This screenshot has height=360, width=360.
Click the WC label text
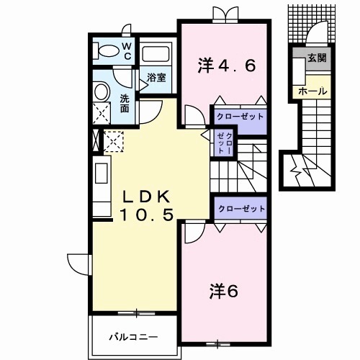pyautogui.click(x=126, y=50)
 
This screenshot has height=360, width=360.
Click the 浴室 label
pyautogui.click(x=156, y=77)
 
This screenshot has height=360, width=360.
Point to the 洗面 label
pyautogui.click(x=125, y=104)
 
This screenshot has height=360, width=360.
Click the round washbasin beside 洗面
pyautogui.click(x=102, y=91)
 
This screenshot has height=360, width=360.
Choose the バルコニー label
pyautogui.click(x=133, y=336)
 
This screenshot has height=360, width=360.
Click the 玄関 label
pyautogui.click(x=317, y=58)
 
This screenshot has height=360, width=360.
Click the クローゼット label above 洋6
pyautogui.click(x=242, y=209)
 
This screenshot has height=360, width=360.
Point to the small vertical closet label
pyautogui.click(x=225, y=143)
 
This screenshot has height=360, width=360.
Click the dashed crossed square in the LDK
pyautogui.click(x=115, y=141)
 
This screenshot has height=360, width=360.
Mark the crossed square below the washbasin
pyautogui.click(x=102, y=114)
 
